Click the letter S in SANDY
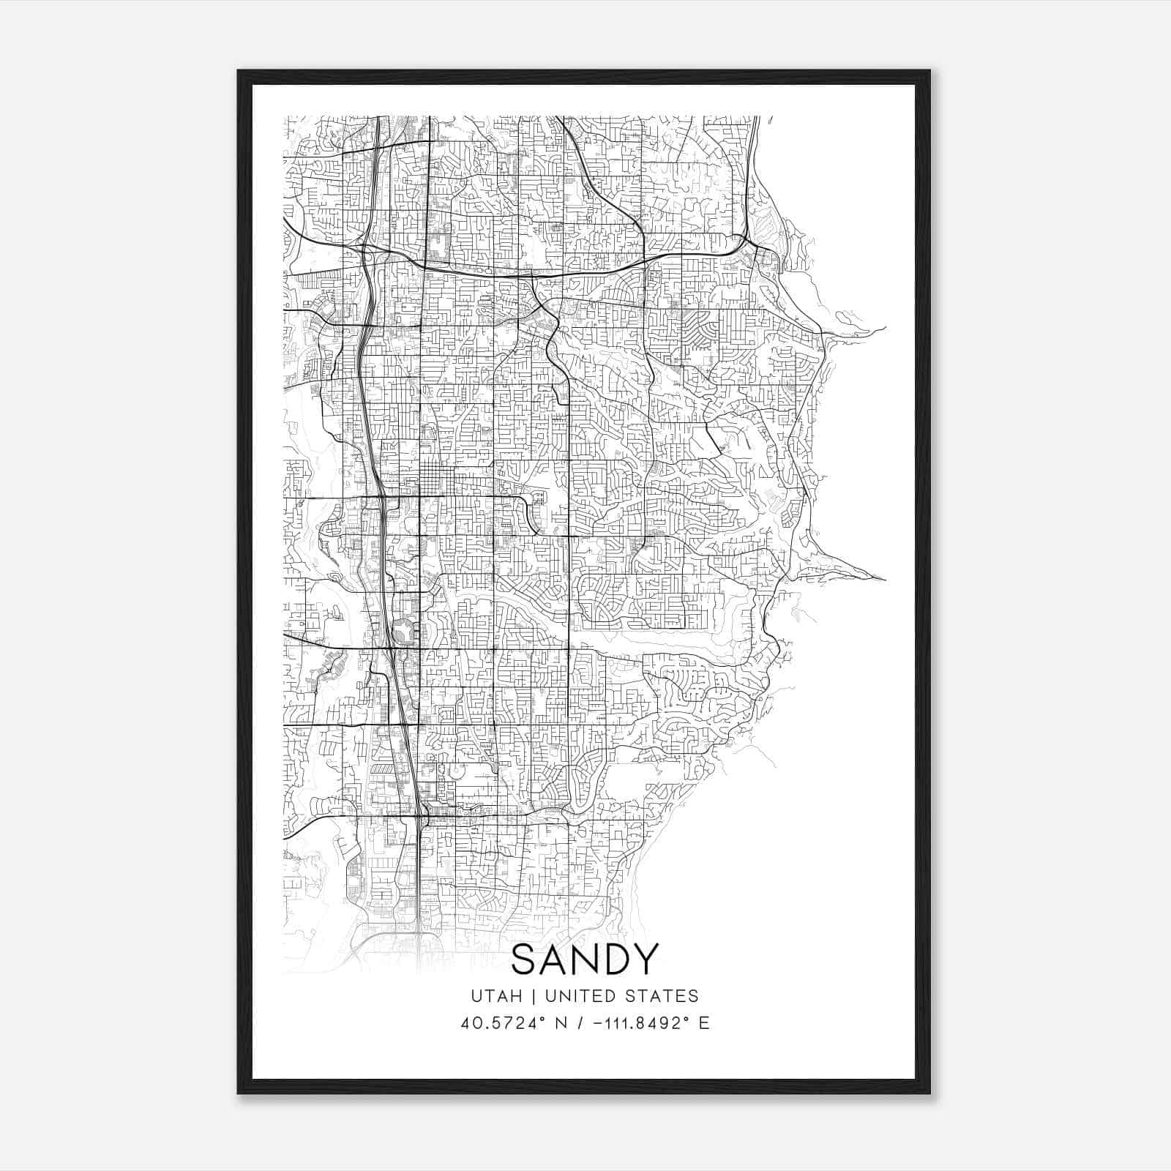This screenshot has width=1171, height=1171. click(525, 960)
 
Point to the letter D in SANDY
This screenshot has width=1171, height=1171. click(614, 960)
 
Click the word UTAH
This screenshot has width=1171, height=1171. click(496, 996)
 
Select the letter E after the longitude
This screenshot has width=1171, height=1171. click(704, 1023)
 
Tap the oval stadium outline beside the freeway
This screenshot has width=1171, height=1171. click(402, 632)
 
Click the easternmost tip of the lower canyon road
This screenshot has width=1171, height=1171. click(885, 580)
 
